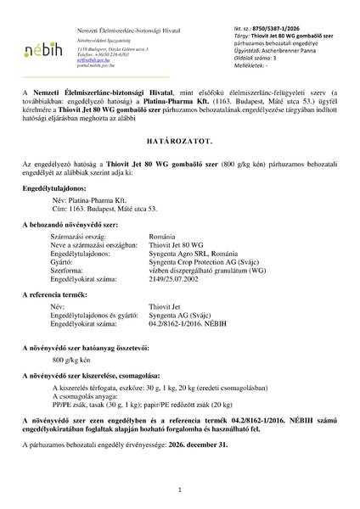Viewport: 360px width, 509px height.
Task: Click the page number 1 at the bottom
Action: pyautogui.click(x=180, y=490)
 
